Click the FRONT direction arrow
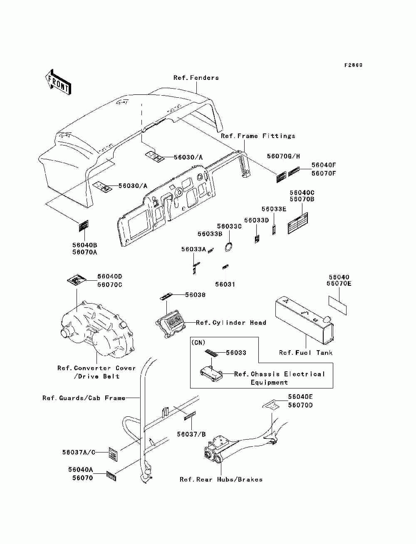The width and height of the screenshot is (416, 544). coord(58,82)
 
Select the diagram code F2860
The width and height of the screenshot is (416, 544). coord(353,65)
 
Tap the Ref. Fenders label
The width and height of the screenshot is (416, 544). coord(196,78)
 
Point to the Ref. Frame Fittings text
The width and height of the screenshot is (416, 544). coord(258,136)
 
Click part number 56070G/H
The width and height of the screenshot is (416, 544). coord(283,156)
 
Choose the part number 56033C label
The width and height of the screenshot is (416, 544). coord(229,226)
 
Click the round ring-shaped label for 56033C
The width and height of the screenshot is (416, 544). coord(229,247)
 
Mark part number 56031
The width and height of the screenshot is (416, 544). coord(225,284)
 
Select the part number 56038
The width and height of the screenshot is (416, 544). coord(196,295)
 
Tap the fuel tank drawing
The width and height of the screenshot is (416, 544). coord(305,320)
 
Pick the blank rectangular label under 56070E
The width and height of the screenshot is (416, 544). coord(337,305)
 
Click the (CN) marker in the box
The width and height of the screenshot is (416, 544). coord(198,343)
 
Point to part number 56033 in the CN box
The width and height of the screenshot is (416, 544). coord(236,353)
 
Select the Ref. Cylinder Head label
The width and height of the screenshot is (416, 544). coord(231,323)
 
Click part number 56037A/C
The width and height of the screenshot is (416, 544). coord(79,453)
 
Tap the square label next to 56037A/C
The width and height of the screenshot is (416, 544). coord(113,454)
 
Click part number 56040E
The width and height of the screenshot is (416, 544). coord(300,397)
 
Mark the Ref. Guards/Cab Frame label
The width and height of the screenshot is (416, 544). coord(84,398)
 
